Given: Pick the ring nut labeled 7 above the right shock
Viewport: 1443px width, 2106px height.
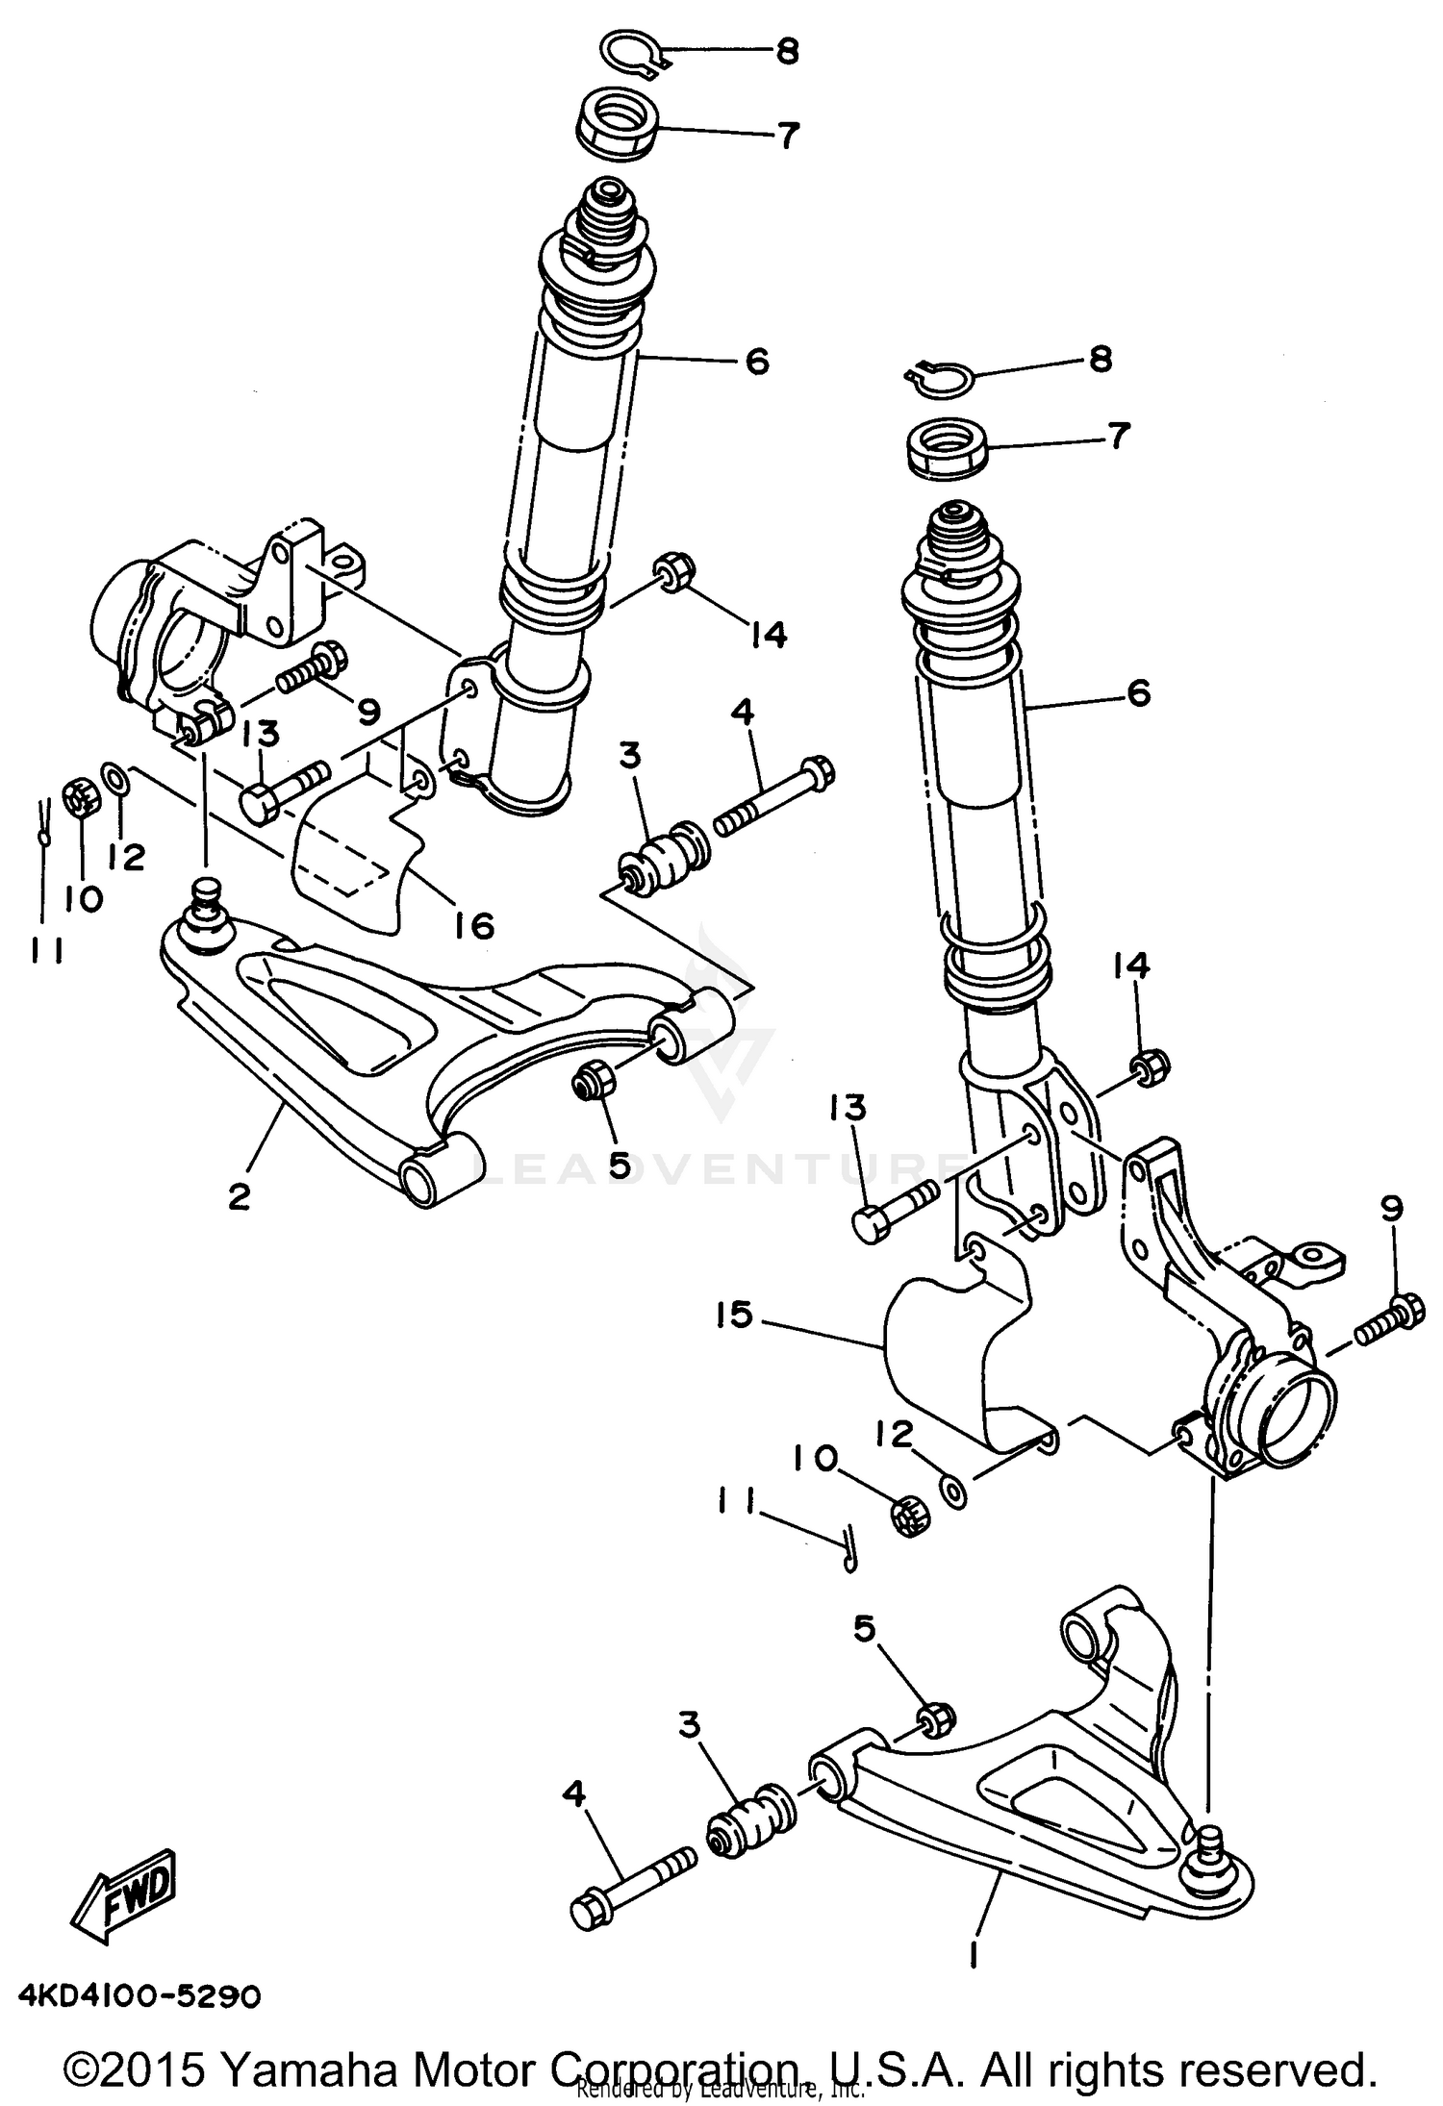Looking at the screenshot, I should coord(946,447).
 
